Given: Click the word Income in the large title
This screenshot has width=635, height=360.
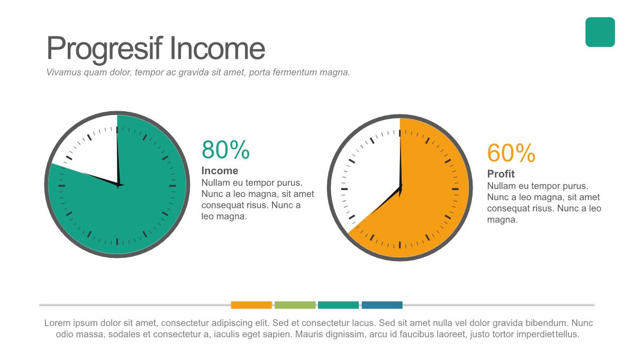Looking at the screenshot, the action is pos(217,48).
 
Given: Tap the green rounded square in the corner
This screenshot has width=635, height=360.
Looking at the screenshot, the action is pos(600,32).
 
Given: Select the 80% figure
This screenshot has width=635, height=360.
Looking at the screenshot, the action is pos(225,149).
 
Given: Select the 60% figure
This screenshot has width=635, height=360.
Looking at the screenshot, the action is pos(511,152).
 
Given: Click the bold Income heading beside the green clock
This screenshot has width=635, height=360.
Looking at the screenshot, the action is pos(220,171).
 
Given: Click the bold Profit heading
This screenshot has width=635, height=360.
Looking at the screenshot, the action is pos(501,174).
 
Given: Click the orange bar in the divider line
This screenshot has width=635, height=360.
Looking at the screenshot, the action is pos(251,305).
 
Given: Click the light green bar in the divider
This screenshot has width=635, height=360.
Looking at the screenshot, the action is pos(295,305).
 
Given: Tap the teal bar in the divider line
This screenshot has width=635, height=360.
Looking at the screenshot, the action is pos(338,305).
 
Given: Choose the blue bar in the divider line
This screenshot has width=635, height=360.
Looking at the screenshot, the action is pos(382,305).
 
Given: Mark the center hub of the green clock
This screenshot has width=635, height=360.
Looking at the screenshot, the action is pos(118,185).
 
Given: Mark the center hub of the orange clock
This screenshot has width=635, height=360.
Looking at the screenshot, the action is pos(400,188).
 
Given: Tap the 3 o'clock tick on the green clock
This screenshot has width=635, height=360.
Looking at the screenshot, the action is pos(173,186).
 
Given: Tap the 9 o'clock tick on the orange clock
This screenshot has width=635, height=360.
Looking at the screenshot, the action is pos(344,189).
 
